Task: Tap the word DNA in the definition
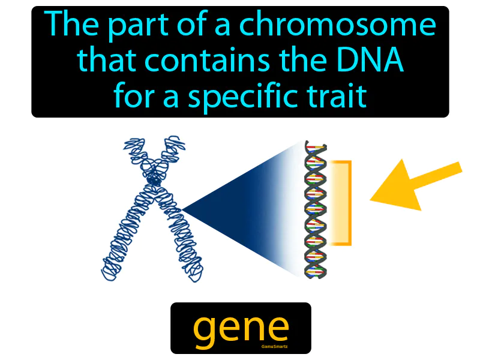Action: [x=374, y=61]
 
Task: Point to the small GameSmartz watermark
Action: [x=274, y=347]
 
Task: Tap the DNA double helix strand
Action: [x=315, y=210]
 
